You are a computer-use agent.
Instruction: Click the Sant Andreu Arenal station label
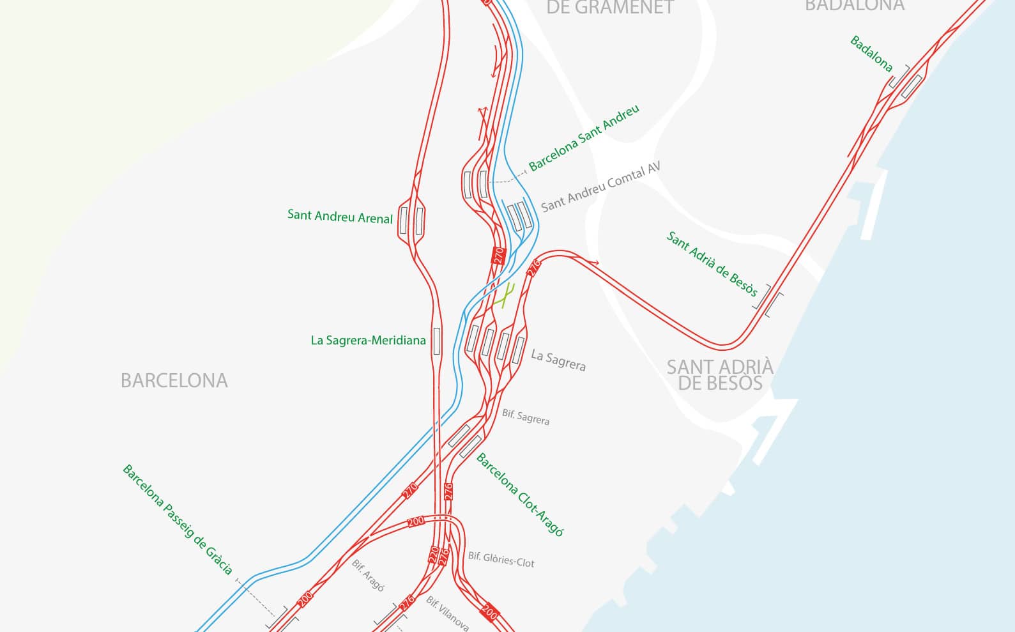[x=340, y=216]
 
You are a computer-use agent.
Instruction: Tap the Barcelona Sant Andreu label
[x=584, y=138]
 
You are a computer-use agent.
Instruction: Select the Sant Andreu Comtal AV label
[x=600, y=186]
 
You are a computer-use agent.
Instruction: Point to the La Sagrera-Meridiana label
[x=368, y=341]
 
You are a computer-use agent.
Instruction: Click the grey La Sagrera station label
[x=558, y=360]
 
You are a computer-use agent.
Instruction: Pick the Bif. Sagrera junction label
[x=525, y=417]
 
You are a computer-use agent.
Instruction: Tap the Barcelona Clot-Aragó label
[x=520, y=495]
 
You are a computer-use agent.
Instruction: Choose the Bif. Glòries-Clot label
[x=501, y=560]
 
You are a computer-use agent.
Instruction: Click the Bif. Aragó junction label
[x=368, y=575]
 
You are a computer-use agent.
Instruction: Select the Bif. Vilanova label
[x=448, y=613]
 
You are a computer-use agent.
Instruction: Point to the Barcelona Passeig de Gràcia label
[x=178, y=519]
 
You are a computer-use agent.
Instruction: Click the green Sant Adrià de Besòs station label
[x=712, y=264]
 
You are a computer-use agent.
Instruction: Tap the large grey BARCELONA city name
[x=174, y=381]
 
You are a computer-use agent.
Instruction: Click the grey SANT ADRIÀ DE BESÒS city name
[x=720, y=375]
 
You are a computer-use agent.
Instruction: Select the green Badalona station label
[x=871, y=53]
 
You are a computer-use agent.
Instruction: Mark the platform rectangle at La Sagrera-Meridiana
[x=436, y=341]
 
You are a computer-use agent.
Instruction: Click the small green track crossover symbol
[x=505, y=296]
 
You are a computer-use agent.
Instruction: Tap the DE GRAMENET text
[x=610, y=8]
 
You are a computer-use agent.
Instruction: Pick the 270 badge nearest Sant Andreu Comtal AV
[x=499, y=256]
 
